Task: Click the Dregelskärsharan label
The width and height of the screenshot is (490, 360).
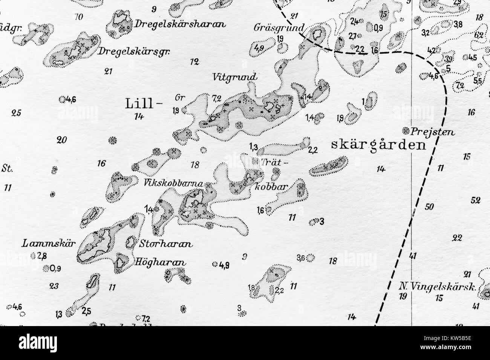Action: tap(179, 24)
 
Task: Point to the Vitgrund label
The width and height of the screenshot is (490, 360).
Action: tap(234, 77)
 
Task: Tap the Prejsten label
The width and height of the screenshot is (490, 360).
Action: tap(434, 132)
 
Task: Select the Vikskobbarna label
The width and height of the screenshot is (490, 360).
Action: tap(173, 184)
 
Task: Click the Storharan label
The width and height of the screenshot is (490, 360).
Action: tap(166, 244)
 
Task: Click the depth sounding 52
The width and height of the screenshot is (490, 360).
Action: tap(475, 201)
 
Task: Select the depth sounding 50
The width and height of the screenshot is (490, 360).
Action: tap(429, 207)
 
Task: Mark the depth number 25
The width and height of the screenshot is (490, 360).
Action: tap(16, 112)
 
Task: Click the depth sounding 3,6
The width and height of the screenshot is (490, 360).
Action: tap(301, 258)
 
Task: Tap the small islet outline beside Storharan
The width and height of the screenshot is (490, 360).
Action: tap(131, 242)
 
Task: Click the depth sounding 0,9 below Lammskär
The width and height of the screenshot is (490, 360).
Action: tap(55, 268)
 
